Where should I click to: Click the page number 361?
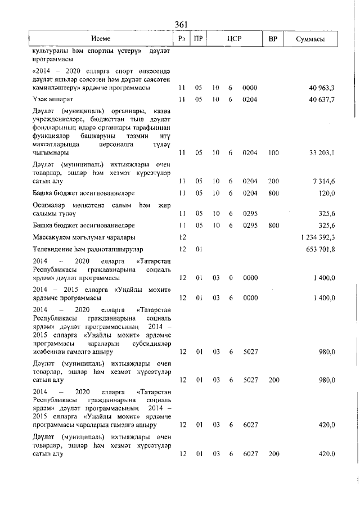point(181,24)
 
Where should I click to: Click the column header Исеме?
point(101,39)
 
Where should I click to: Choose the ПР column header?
point(198,39)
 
